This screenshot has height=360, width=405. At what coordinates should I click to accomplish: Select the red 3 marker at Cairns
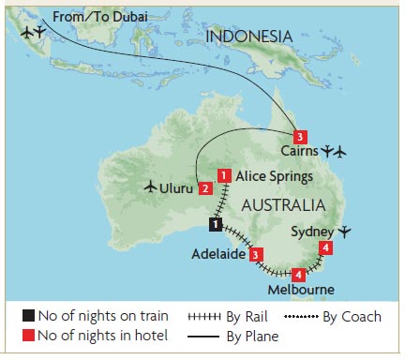tap(299, 136)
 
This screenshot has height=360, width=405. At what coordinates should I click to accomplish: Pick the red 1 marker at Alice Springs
tap(224, 175)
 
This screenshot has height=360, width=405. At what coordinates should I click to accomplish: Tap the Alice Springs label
tap(271, 176)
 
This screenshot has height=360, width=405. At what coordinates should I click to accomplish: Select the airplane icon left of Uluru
tap(152, 187)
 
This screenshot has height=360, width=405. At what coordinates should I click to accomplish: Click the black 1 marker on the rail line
tap(215, 225)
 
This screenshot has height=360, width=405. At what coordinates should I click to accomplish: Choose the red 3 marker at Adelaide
tap(256, 254)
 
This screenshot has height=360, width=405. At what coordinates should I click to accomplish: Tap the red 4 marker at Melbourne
tap(298, 275)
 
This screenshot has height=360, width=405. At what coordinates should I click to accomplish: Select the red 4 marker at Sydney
tap(324, 248)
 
